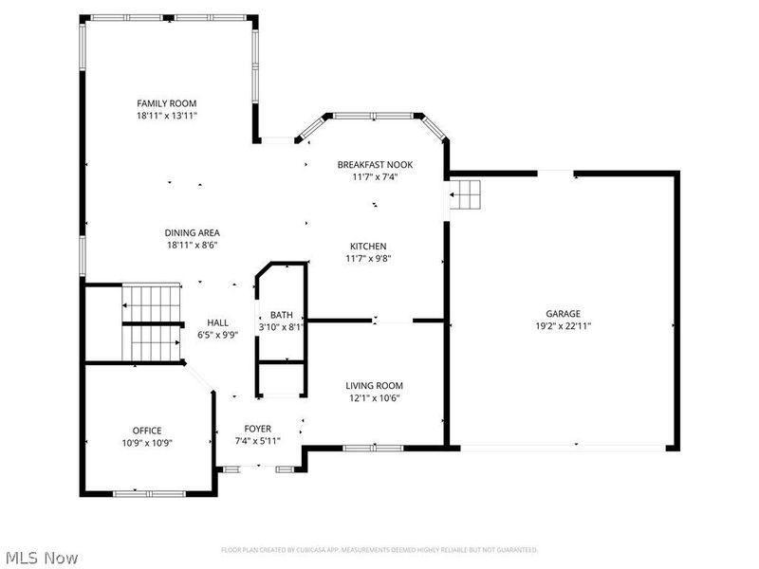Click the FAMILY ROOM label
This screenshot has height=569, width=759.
(x=166, y=103)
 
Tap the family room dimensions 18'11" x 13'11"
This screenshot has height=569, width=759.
(x=166, y=116)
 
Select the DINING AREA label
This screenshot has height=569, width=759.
(x=194, y=232)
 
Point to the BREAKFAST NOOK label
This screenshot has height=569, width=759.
(x=375, y=164)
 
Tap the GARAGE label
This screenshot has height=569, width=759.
(x=563, y=313)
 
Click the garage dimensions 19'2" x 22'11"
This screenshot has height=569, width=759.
(x=563, y=325)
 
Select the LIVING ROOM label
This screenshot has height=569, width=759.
(x=374, y=385)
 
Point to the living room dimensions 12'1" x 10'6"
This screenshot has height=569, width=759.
(x=374, y=397)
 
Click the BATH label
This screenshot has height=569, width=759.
(x=282, y=315)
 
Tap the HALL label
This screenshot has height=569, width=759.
(x=218, y=322)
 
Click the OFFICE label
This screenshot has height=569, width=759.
(x=147, y=430)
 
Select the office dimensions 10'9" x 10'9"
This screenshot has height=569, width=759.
(x=147, y=442)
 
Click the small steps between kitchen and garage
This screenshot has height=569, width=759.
(x=466, y=197)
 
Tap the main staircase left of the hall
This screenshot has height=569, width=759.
(x=152, y=322)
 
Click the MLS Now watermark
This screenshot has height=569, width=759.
(x=41, y=558)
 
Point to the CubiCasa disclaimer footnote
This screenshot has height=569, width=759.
(x=379, y=550)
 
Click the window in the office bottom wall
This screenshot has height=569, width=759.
(x=147, y=492)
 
